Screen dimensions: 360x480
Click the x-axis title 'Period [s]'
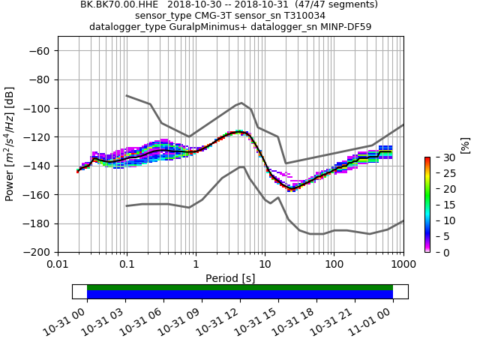point(230,278)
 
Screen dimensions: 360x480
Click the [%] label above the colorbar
point(465,144)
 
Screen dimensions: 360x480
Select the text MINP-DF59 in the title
point(344,27)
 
